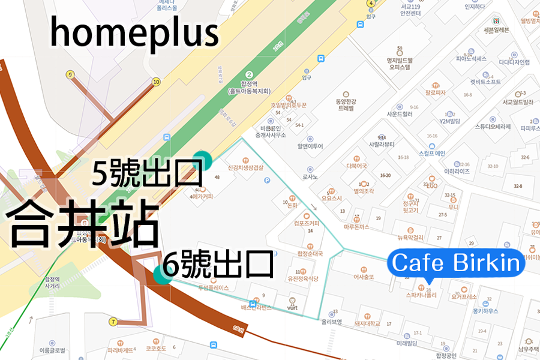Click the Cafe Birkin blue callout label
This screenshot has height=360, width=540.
point(456,263)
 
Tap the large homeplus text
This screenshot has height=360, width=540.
point(134,32)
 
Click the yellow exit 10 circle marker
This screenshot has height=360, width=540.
point(157,82)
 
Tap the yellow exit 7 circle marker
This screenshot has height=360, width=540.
point(113,322)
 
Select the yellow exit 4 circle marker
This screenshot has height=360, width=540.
point(371,3)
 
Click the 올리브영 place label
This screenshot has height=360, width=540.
point(331,321)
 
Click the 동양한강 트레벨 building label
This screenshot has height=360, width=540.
point(346,104)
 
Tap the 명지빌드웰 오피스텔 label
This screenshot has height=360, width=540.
point(398,63)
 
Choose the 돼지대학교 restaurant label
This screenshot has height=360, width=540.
point(367,323)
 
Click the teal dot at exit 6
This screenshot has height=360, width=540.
point(161,274)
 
